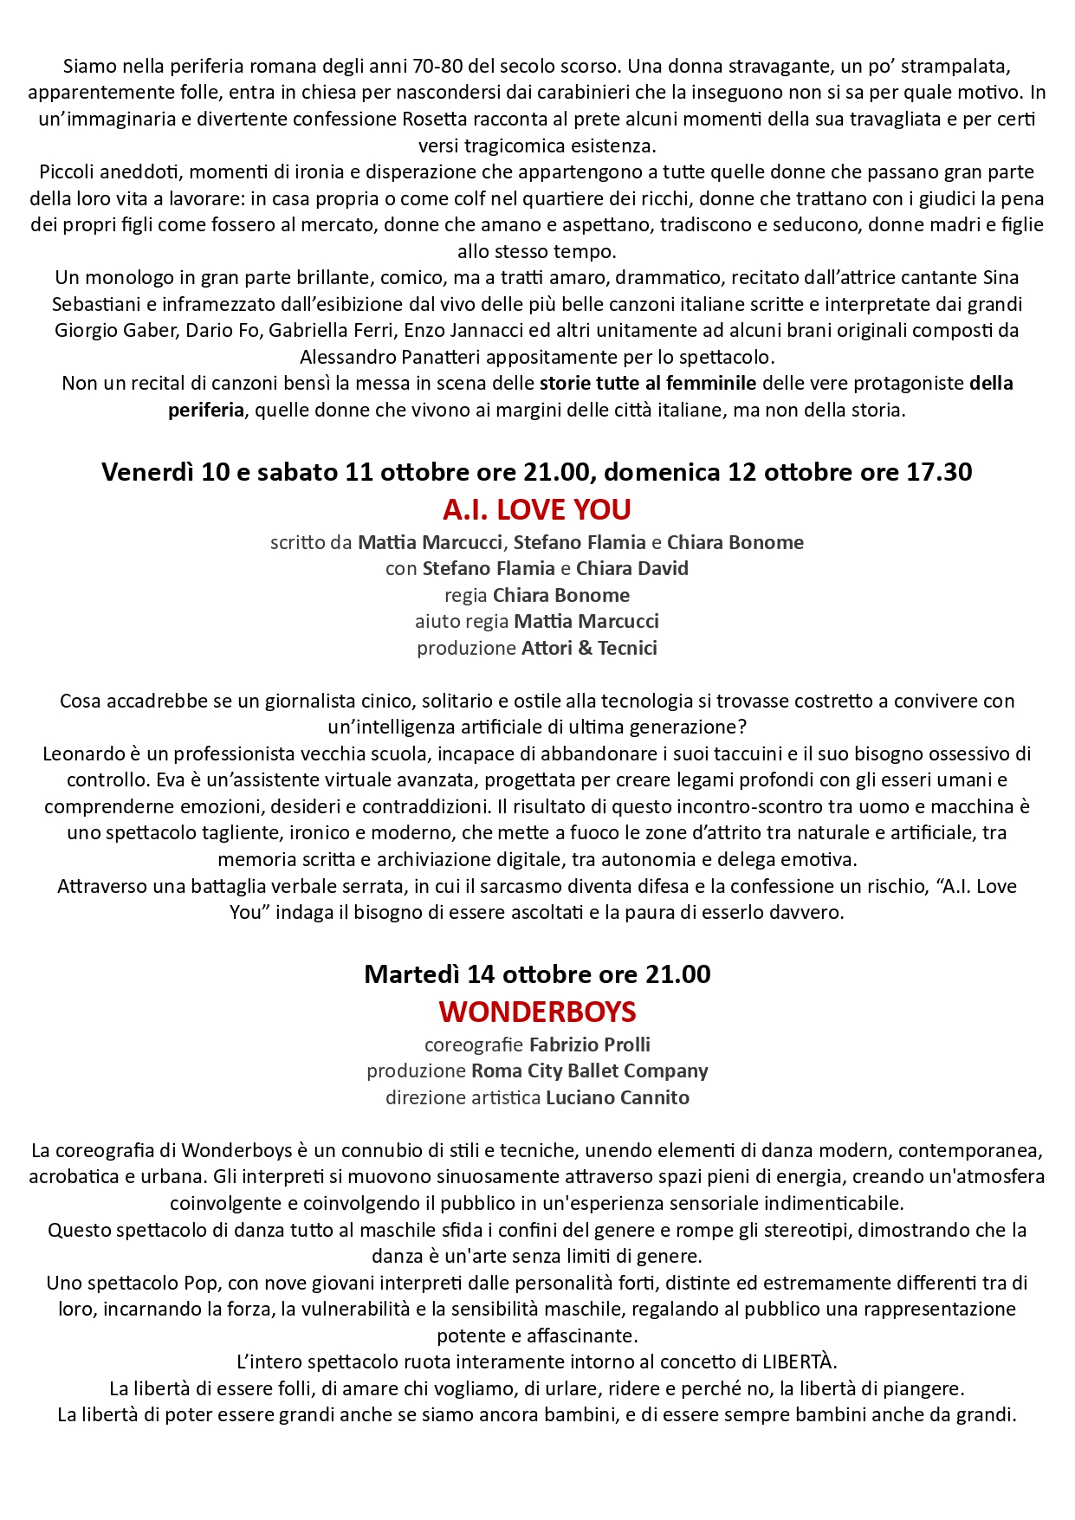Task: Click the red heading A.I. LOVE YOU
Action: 536,509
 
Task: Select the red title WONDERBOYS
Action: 537,1012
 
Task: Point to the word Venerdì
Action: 147,472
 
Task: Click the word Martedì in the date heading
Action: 412,974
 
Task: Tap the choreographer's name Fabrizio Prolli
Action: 589,1045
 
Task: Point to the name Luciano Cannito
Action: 618,1097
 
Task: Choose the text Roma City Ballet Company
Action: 589,1071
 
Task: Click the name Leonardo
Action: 81,754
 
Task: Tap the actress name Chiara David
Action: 632,568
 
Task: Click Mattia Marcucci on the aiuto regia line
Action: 586,621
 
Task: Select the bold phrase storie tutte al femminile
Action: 648,383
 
